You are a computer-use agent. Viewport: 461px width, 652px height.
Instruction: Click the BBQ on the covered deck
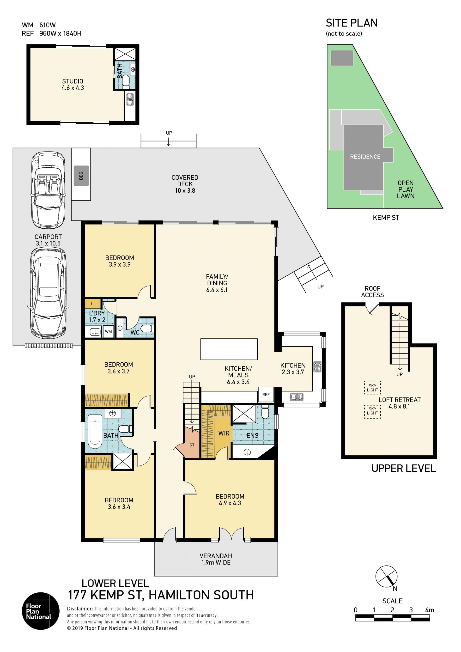tap(81, 176)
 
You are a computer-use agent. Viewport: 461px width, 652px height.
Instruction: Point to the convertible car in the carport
tap(48, 190)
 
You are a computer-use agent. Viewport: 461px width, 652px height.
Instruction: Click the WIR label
tap(224, 433)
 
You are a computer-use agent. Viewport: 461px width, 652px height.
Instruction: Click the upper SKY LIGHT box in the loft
tap(372, 388)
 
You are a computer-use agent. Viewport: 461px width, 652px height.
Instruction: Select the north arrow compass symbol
tap(386, 577)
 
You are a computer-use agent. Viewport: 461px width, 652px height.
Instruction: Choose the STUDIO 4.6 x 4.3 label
tap(73, 85)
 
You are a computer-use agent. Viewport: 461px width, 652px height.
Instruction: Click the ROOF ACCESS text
tap(372, 292)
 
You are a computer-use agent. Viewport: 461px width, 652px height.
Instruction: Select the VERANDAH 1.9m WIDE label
tap(216, 559)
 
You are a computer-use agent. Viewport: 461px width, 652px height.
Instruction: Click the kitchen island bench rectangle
tap(229, 349)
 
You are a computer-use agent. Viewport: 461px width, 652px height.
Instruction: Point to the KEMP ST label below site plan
tap(386, 218)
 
